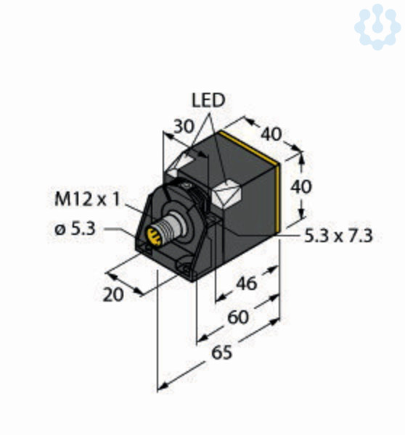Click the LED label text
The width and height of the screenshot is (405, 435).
pos(208,100)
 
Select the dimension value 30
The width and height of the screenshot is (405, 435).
pos(184,126)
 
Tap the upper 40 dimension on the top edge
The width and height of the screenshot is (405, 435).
pos(271,134)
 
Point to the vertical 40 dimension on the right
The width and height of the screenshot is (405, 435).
pos(301,186)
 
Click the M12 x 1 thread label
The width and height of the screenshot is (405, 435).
pos(87,199)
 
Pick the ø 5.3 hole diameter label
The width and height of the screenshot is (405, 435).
pos(75,229)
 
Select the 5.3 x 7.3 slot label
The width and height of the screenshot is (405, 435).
pos(338,236)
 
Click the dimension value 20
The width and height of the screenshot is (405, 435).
pos(113,294)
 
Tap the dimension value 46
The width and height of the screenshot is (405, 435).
pos(246,283)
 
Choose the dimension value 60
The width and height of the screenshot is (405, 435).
pos(238,317)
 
